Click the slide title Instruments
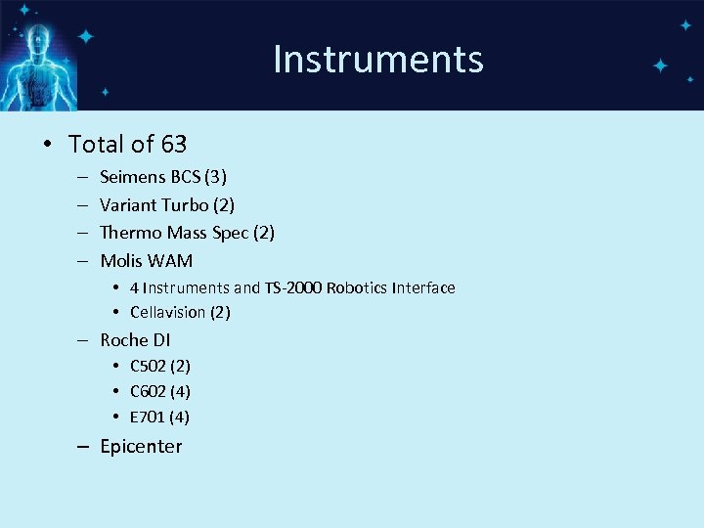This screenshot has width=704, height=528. pos(377,59)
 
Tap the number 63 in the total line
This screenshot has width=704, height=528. pos(174,145)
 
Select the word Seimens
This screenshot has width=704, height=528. pos(132,177)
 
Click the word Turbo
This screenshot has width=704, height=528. pos(186,204)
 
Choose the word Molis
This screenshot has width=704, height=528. pos(122,261)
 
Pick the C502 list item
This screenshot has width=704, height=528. pos(159,366)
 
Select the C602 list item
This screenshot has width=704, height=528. pos(159,391)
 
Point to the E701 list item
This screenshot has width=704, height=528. pos(158,417)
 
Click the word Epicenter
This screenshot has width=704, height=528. pos(141,446)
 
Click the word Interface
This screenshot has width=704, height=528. pos(424,287)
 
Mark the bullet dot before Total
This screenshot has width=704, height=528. pos(47,145)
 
